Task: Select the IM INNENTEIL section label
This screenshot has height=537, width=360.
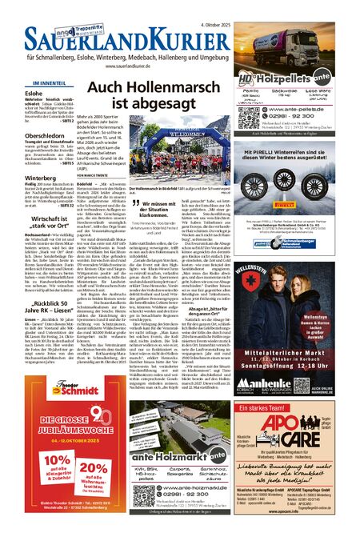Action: pos(44,82)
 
